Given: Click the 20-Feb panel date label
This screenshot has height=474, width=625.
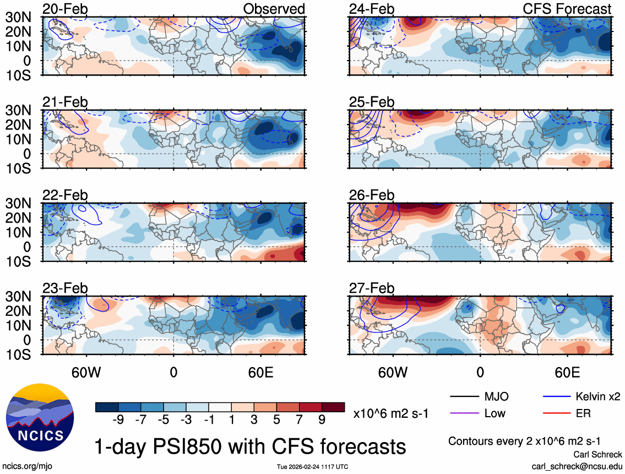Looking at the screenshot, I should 65,9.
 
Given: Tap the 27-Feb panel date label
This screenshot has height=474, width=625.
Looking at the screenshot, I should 372,288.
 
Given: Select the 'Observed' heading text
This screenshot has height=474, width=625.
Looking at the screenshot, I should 274,9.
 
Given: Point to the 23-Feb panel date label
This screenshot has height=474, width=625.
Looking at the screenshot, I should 65,288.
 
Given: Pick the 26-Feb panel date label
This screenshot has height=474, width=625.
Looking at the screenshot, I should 372,196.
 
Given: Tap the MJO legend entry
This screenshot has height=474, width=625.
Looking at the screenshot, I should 496,396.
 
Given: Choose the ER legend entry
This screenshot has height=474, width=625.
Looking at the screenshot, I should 584,413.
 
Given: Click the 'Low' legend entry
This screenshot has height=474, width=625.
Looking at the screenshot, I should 494,413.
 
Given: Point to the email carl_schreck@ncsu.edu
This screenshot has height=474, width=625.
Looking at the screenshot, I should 577,466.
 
